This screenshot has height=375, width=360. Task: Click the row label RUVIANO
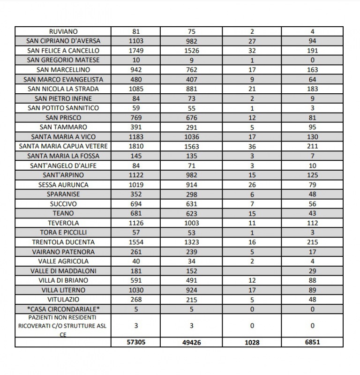(63, 31)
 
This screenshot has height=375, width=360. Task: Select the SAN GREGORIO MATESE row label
(63, 60)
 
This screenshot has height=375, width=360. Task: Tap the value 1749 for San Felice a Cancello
(136, 51)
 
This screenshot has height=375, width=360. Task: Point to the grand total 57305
(136, 342)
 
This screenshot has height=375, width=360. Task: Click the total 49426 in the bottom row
(191, 343)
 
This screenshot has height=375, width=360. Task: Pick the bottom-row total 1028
(252, 343)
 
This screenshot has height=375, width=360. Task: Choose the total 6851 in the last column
(313, 342)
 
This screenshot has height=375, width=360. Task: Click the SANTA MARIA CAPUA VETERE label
(63, 146)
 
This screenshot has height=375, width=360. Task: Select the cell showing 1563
(191, 146)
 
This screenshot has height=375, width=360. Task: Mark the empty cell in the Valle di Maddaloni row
(252, 271)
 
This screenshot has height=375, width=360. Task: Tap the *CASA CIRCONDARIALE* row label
(63, 309)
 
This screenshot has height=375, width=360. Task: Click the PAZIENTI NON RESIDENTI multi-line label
(63, 326)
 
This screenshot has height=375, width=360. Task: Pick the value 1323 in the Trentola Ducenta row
(191, 242)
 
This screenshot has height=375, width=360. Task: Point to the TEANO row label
(63, 213)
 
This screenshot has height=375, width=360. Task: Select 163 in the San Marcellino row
(313, 70)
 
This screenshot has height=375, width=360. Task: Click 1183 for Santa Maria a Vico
(136, 137)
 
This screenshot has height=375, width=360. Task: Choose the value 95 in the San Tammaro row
(313, 127)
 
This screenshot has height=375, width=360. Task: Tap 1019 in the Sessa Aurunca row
(136, 185)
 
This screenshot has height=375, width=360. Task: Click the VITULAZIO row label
(63, 300)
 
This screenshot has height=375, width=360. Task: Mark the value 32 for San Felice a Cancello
(252, 51)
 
